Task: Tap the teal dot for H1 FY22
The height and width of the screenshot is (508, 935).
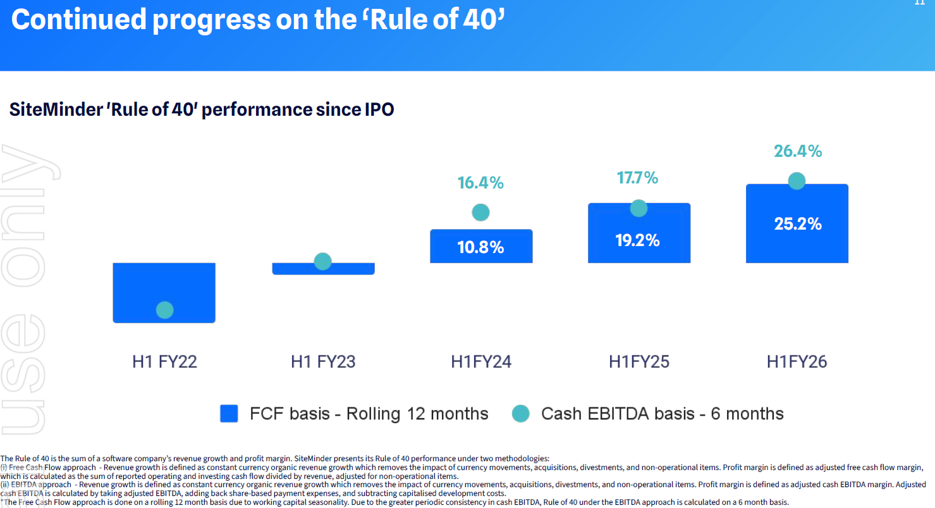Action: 164,310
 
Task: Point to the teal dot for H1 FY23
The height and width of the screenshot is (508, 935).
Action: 323,261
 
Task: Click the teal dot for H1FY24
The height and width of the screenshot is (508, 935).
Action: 480,213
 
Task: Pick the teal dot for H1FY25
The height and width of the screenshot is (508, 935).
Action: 639,208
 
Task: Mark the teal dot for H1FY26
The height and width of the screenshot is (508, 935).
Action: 797,181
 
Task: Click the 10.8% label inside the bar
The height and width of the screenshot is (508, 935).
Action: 480,247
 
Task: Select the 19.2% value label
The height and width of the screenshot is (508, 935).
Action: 639,240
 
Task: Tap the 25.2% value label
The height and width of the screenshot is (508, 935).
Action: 798,224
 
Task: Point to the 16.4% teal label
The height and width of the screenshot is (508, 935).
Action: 480,183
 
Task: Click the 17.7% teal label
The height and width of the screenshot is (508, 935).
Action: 638,178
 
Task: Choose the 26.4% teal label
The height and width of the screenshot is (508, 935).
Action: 798,151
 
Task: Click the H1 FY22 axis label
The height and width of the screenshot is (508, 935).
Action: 164,362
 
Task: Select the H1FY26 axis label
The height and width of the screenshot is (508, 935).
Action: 797,362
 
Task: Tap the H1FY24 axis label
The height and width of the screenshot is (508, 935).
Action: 480,362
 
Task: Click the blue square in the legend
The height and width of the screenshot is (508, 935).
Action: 229,414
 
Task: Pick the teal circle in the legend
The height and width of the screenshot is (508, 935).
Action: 520,414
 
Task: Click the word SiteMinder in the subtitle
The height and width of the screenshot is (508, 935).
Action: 56,109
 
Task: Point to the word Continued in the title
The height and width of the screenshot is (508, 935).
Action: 78,20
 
